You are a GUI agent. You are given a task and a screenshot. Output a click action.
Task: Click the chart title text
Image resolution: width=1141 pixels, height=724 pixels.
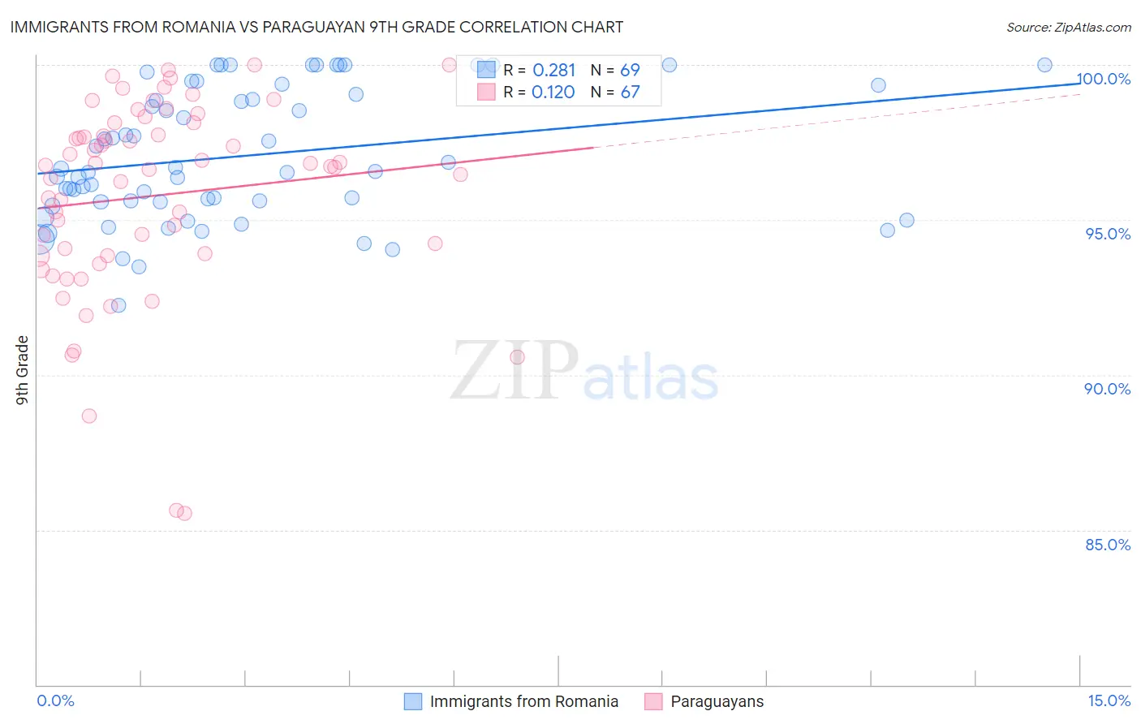point(317,27)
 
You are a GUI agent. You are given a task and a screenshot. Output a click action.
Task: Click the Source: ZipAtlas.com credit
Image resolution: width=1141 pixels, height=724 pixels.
point(1068,28)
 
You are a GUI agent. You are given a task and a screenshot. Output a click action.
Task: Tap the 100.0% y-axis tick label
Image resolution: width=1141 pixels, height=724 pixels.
point(1104,79)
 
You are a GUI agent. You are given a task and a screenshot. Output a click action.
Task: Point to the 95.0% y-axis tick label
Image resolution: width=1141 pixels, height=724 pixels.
point(1108,234)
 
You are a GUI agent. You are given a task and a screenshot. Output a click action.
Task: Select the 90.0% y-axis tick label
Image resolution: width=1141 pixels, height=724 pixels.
point(1108,389)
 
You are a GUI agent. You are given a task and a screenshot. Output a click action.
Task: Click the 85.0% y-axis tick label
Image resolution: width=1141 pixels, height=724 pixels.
point(1108,545)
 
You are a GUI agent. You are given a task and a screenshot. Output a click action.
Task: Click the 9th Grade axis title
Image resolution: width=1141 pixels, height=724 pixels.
point(23,370)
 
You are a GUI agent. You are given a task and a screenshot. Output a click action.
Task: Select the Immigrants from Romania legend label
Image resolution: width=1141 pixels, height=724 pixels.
point(523,701)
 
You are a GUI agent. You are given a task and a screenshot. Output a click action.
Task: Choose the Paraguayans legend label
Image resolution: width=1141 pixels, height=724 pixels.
point(717,701)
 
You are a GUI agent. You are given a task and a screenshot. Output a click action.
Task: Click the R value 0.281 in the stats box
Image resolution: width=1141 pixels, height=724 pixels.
point(553,71)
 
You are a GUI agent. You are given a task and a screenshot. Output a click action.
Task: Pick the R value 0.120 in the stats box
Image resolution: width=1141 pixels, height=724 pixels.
point(553,93)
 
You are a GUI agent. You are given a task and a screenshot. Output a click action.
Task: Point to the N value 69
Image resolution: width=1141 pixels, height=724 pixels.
point(630,71)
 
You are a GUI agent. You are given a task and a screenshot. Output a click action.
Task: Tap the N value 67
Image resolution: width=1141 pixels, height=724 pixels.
point(630,93)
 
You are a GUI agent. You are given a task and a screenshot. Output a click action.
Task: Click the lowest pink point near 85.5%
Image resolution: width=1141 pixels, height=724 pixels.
point(184,513)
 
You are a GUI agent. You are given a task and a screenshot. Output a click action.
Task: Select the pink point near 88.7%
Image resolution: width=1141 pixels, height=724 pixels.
point(89,416)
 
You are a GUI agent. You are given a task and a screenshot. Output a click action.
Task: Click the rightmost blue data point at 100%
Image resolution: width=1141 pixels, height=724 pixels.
point(1045,65)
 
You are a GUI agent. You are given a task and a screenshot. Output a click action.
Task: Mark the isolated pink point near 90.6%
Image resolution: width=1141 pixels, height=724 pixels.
point(517,357)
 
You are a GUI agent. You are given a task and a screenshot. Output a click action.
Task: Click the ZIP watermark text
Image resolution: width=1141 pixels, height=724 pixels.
point(515,371)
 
